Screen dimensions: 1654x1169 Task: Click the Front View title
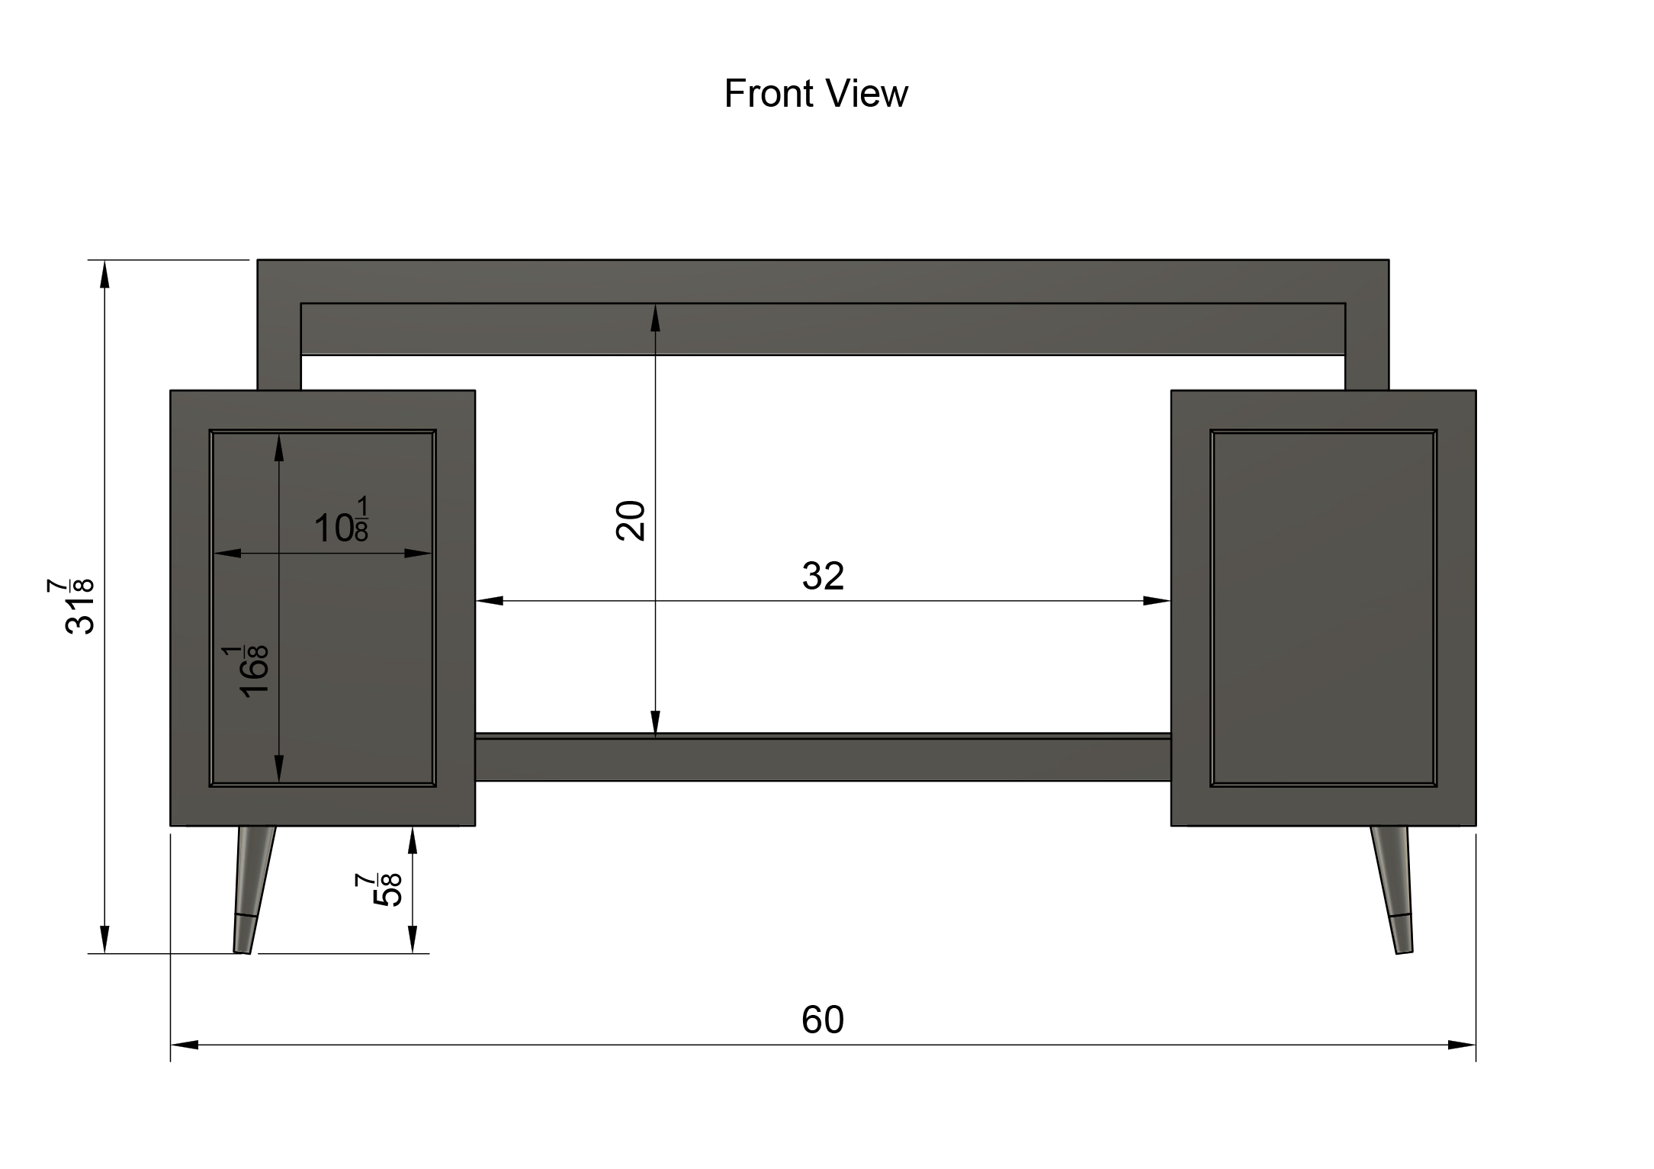tap(816, 94)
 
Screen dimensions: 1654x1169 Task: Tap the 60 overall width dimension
tap(823, 1020)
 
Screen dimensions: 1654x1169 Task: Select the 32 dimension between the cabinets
tap(823, 576)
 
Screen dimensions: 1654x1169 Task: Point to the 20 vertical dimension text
tap(631, 521)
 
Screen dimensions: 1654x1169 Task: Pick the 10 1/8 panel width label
tap(342, 521)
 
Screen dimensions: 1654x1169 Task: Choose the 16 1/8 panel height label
tap(246, 670)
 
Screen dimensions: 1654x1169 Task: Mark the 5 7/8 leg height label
tap(378, 889)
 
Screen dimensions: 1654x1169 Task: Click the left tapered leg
tap(253, 889)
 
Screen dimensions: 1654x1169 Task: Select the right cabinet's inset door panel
tap(1323, 608)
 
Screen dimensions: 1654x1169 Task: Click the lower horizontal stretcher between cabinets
tap(823, 757)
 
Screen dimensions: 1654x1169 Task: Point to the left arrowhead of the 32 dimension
tap(490, 601)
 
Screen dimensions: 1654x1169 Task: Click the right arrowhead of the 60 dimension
tap(1462, 1045)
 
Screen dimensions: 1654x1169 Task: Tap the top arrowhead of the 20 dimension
tap(655, 318)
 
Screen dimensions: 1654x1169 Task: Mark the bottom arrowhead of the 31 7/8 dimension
tap(105, 939)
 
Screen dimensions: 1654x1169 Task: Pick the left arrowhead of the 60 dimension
tap(185, 1045)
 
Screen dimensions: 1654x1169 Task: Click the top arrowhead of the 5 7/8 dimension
tap(413, 840)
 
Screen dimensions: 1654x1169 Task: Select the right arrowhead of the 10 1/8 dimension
tap(419, 553)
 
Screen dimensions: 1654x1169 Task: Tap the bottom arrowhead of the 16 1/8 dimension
tap(279, 769)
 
